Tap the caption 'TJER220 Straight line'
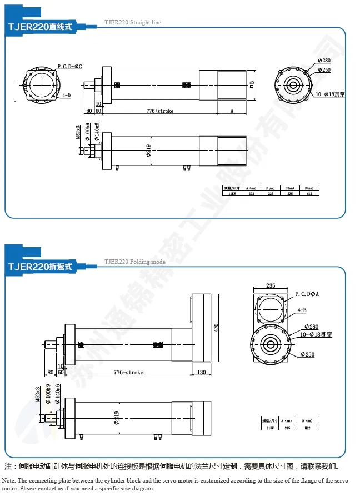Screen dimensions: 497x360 (133, 23)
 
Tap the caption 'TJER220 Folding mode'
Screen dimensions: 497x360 (135, 261)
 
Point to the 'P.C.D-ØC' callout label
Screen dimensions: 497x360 (69, 66)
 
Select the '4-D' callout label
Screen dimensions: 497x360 (66, 95)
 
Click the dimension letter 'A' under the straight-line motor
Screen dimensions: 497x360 (232, 111)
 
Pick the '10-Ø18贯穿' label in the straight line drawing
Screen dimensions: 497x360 (331, 94)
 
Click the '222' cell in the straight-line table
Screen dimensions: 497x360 (251, 194)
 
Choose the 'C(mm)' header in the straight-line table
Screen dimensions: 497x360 (289, 188)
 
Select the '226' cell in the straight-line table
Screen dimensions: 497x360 (271, 194)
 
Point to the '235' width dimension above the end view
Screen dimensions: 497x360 (271, 285)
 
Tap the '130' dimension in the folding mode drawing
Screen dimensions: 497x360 (201, 372)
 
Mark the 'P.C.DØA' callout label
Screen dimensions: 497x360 (307, 293)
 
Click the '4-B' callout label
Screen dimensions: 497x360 (302, 310)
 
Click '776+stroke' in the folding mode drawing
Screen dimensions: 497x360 (128, 372)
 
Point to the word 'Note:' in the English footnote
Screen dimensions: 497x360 (9, 480)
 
